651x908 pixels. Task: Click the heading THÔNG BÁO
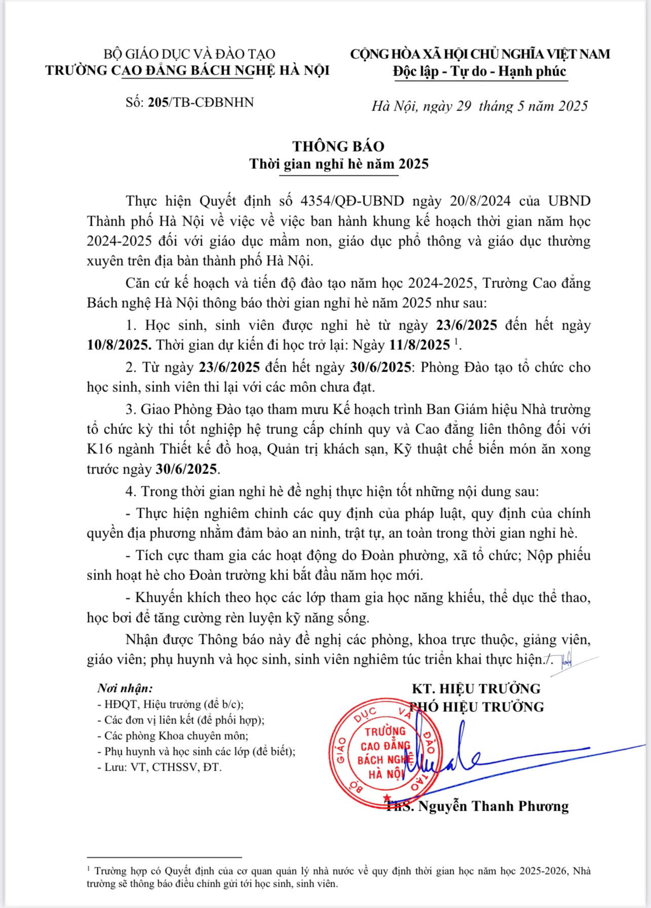pos(338,146)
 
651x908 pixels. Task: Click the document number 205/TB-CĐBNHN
pos(201,102)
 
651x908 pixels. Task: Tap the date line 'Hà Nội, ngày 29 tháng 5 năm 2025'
pos(479,106)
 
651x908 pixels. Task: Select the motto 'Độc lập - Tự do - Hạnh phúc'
pos(479,71)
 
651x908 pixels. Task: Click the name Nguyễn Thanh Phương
pos(490,806)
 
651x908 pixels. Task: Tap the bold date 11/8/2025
pos(419,345)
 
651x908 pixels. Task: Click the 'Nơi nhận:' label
pos(125,688)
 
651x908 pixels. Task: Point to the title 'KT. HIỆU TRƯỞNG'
pos(476,688)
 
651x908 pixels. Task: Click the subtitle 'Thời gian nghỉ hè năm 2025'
pos(338,164)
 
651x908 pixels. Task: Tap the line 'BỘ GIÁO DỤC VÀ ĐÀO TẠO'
pos(189,54)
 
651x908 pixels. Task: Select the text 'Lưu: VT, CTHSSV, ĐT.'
pos(163,767)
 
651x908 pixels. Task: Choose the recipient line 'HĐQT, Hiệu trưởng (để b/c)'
pos(173,704)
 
